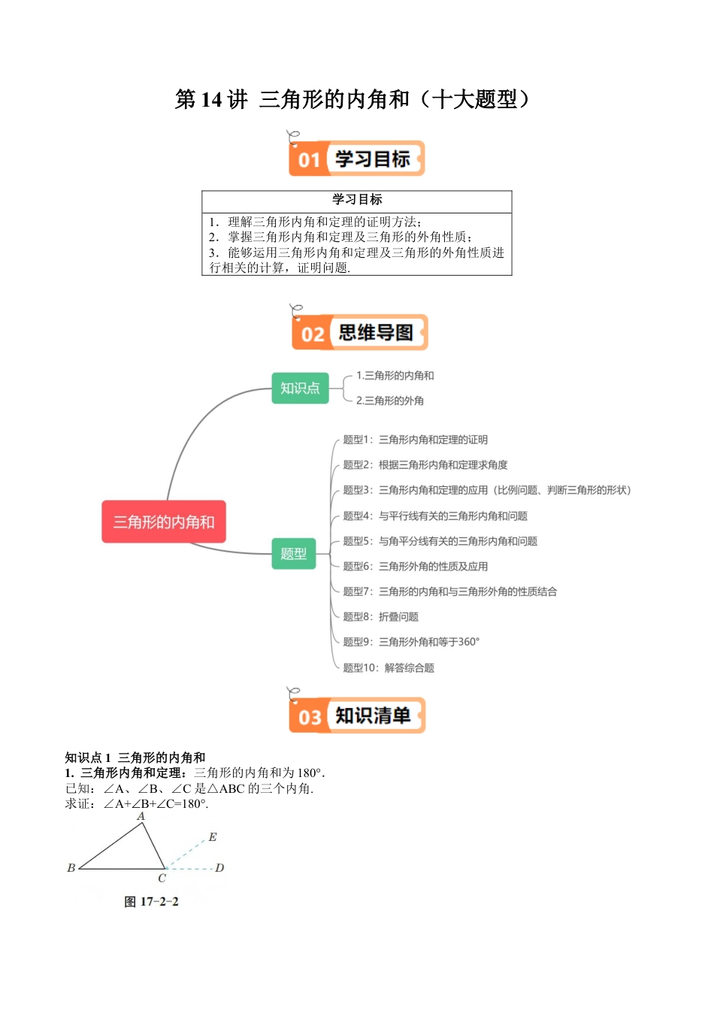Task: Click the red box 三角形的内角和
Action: [164, 522]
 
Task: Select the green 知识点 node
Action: [300, 388]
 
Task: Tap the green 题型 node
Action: [293, 554]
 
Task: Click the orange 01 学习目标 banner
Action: [357, 159]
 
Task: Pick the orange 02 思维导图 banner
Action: [359, 333]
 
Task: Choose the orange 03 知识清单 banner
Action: [357, 715]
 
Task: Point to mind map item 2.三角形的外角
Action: [389, 401]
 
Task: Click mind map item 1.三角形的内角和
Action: [395, 376]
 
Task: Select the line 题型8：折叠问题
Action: [380, 617]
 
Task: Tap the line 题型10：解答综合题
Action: [389, 667]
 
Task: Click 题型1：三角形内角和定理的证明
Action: [415, 440]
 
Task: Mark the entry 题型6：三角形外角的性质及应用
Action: [415, 566]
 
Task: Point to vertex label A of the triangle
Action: [141, 816]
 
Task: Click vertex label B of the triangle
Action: [71, 868]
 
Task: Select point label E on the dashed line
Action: [213, 837]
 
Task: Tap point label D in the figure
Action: [219, 868]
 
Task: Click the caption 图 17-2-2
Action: [151, 902]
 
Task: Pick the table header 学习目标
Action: [357, 199]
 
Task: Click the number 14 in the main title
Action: [210, 99]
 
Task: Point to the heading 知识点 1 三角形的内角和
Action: [135, 757]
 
